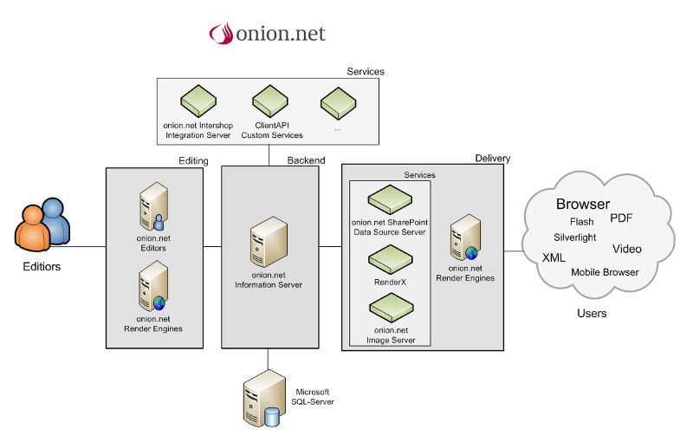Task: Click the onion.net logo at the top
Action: coord(266,33)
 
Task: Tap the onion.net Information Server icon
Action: coord(267,245)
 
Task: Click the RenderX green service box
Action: coord(389,258)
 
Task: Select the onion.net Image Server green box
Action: coord(389,307)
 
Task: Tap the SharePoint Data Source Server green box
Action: coord(389,200)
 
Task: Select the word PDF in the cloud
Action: coord(622,218)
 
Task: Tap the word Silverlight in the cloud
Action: coord(574,237)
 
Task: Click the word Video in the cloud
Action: coord(627,249)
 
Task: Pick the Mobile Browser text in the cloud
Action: coord(605,272)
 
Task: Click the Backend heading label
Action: coord(307,160)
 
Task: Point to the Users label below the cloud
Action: coord(592,313)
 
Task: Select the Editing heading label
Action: coord(193,160)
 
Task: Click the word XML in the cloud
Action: coord(554,257)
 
